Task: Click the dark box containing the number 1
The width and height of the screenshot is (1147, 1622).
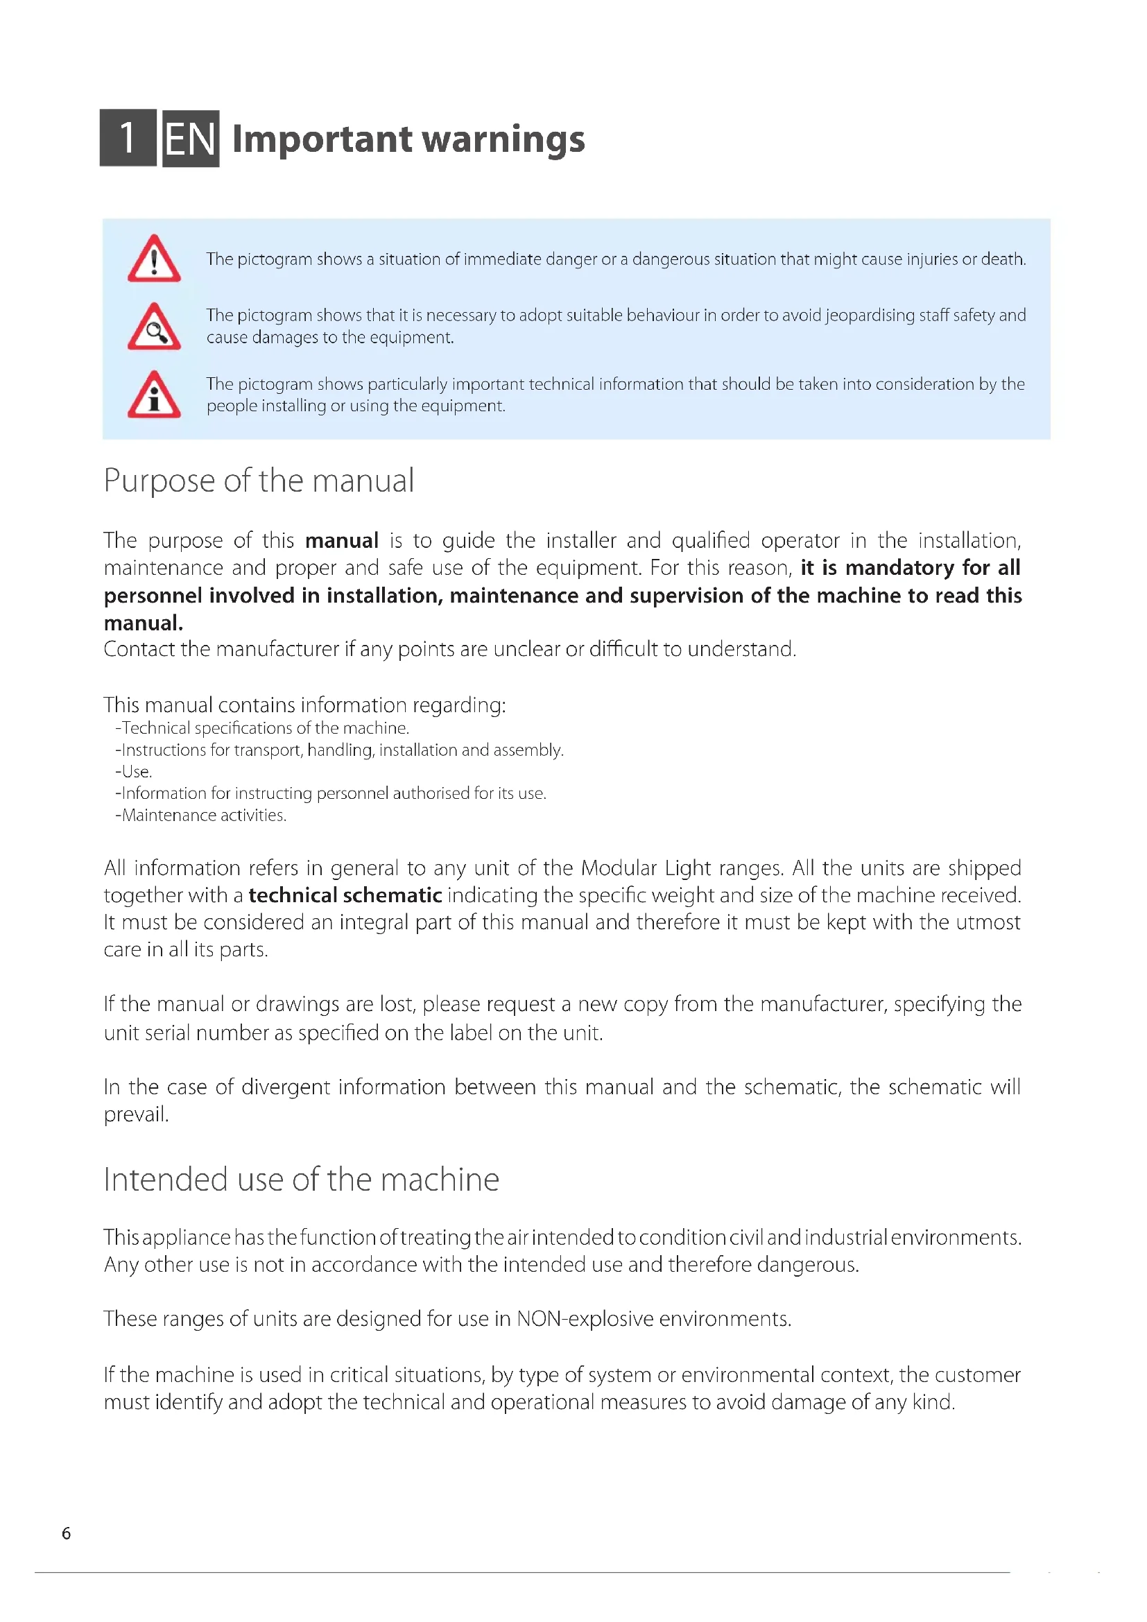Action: (128, 138)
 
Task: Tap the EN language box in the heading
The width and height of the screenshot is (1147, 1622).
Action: (191, 139)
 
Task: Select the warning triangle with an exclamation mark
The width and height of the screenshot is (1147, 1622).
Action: (154, 259)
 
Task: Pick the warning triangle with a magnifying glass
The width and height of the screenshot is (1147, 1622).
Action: (154, 327)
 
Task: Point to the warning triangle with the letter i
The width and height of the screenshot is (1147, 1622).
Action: (154, 395)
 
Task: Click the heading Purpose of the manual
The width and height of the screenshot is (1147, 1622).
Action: (259, 481)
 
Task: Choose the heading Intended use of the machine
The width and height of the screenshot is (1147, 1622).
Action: (301, 1180)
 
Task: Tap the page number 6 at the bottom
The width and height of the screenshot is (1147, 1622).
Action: (67, 1533)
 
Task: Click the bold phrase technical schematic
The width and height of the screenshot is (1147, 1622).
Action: (345, 896)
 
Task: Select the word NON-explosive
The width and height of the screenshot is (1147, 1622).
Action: (585, 1319)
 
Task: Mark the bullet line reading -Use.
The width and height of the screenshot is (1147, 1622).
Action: (133, 771)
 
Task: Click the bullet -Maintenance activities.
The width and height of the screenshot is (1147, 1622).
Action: (200, 816)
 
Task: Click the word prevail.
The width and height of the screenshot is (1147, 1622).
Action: (136, 1115)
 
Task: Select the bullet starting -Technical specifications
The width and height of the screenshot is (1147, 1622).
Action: (262, 728)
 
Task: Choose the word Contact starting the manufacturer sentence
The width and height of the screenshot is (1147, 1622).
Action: (139, 649)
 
